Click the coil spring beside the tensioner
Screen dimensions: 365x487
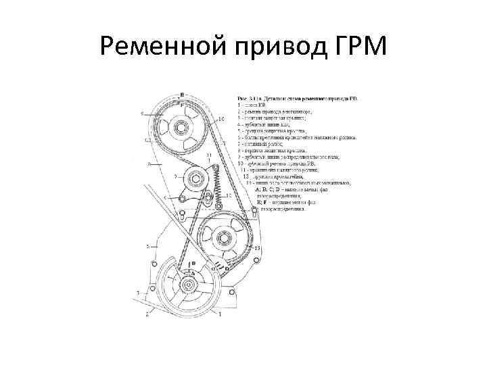pyautogui.click(x=216, y=181)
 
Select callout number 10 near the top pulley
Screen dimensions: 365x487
pyautogui.click(x=221, y=120)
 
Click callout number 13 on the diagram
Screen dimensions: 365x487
pyautogui.click(x=258, y=249)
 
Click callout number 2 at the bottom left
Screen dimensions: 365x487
pyautogui.click(x=146, y=313)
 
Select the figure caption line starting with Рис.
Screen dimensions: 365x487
pyautogui.click(x=297, y=99)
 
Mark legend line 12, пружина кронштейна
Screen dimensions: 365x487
pyautogui.click(x=277, y=176)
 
